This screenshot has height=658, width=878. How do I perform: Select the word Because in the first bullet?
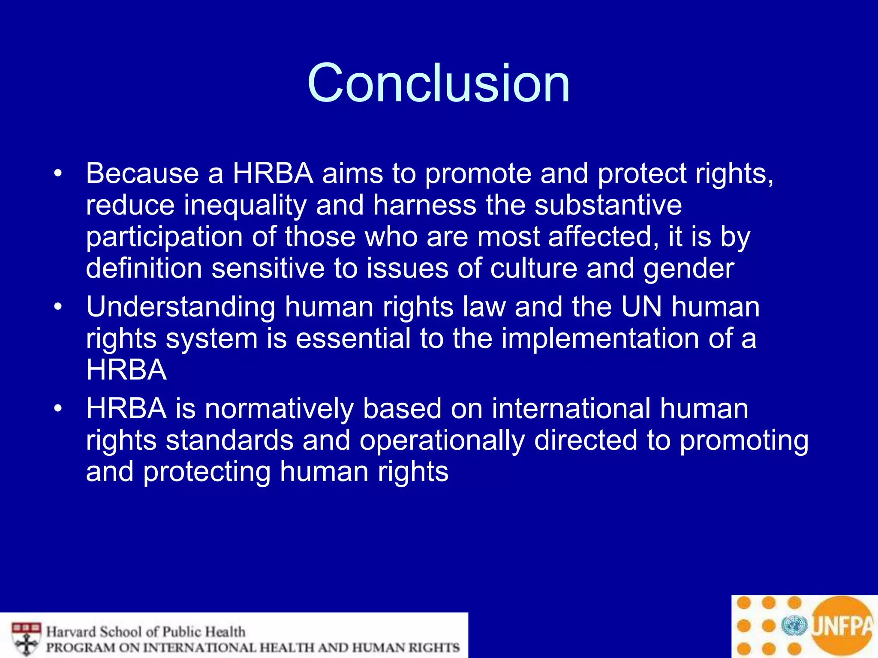pos(142,173)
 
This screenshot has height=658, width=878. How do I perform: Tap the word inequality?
pos(245,205)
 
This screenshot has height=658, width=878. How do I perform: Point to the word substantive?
pos(608,205)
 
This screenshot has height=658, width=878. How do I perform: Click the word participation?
pos(164,237)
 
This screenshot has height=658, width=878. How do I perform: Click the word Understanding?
pos(180,307)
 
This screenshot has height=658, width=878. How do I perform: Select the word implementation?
pos(600,339)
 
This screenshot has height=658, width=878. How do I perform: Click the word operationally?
pos(442,440)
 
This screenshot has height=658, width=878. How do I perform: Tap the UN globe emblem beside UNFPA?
pos(794,626)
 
